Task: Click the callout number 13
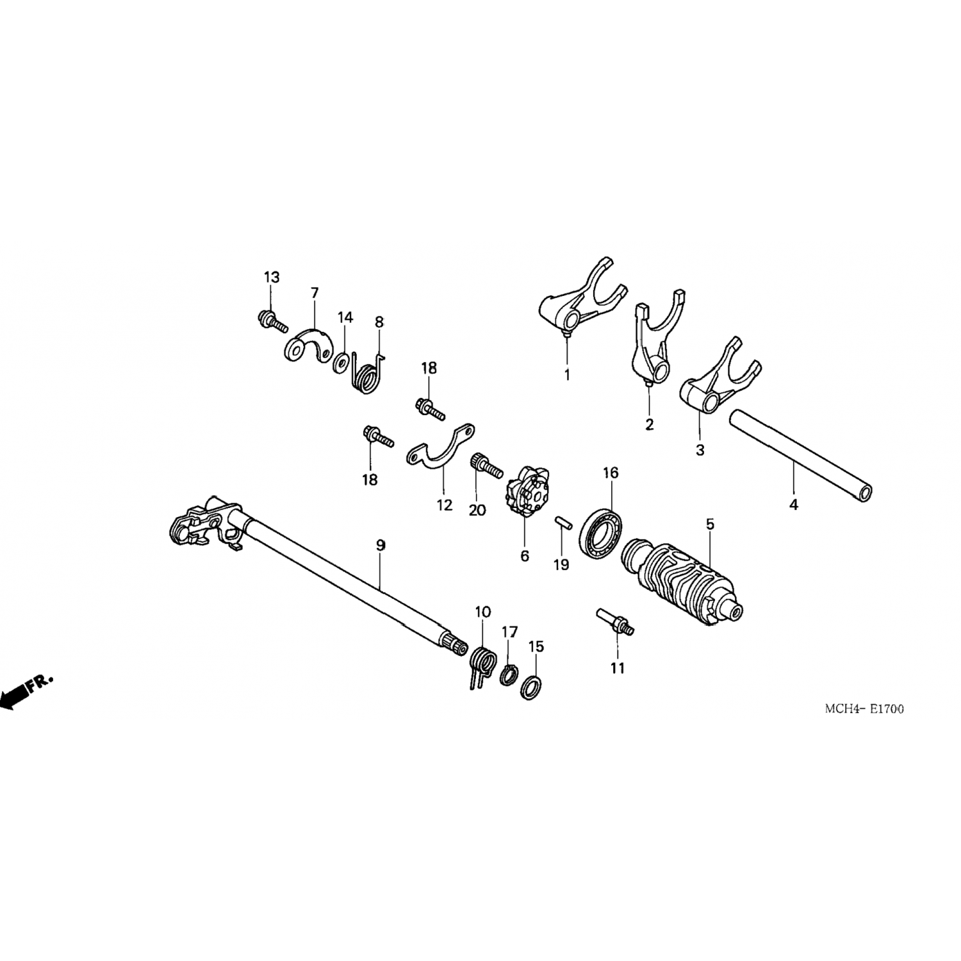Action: pos(272,277)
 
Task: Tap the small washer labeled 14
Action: pos(341,361)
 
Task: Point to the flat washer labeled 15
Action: pos(531,687)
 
